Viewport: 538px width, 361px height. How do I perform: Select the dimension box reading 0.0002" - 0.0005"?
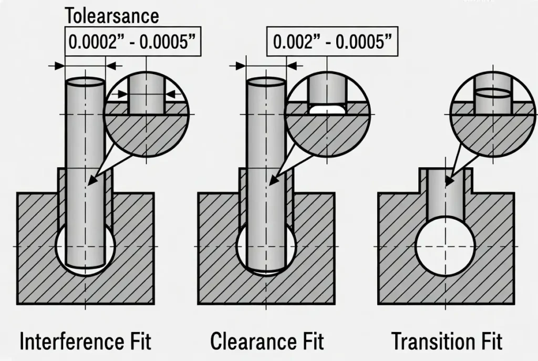[133, 41]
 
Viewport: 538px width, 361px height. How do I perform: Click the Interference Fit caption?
[85, 342]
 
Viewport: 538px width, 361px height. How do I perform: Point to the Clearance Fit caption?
[267, 342]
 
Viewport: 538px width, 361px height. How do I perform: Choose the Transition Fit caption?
[447, 342]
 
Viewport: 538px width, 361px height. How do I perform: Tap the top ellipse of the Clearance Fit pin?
[266, 82]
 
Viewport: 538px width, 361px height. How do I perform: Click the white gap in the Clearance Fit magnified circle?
[327, 110]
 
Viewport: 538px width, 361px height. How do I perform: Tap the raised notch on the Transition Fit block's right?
[471, 181]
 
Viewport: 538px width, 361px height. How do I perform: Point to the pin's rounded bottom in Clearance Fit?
[267, 270]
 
